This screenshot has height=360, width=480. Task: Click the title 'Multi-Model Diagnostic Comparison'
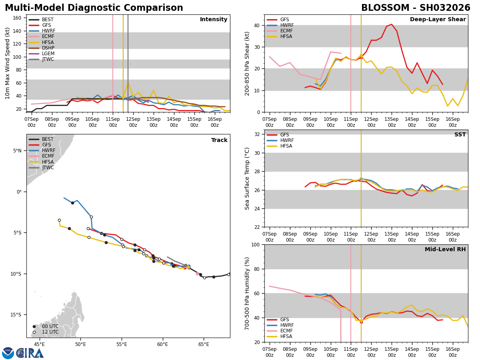pyautogui.click(x=94, y=8)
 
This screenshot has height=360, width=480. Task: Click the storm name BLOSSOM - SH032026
pyautogui.click(x=416, y=8)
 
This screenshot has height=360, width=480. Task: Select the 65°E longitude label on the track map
pyautogui.click(x=204, y=344)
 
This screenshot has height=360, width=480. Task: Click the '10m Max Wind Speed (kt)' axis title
pyautogui.click(x=8, y=63)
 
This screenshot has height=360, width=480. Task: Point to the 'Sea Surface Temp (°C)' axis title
pyautogui.click(x=247, y=178)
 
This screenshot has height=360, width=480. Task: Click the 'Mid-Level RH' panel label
pyautogui.click(x=445, y=250)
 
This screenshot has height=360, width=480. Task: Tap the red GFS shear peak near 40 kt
pyautogui.click(x=392, y=24)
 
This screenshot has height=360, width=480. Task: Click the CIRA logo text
pyautogui.click(x=30, y=353)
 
